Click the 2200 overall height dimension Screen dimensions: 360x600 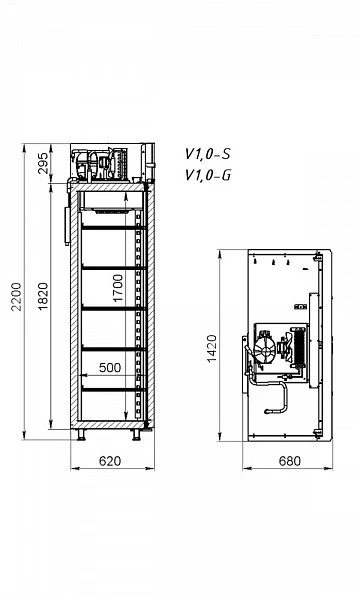tap(16, 297)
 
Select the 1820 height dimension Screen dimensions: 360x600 tap(43, 297)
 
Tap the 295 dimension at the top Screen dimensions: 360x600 tap(44, 163)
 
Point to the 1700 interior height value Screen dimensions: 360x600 tap(118, 288)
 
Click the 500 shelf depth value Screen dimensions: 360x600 tap(110, 367)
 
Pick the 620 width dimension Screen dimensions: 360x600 tap(110, 461)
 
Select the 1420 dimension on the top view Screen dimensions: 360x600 tap(211, 349)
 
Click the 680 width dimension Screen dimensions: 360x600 tap(290, 461)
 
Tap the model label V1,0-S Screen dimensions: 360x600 tap(208, 154)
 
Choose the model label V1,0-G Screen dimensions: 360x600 tap(208, 175)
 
